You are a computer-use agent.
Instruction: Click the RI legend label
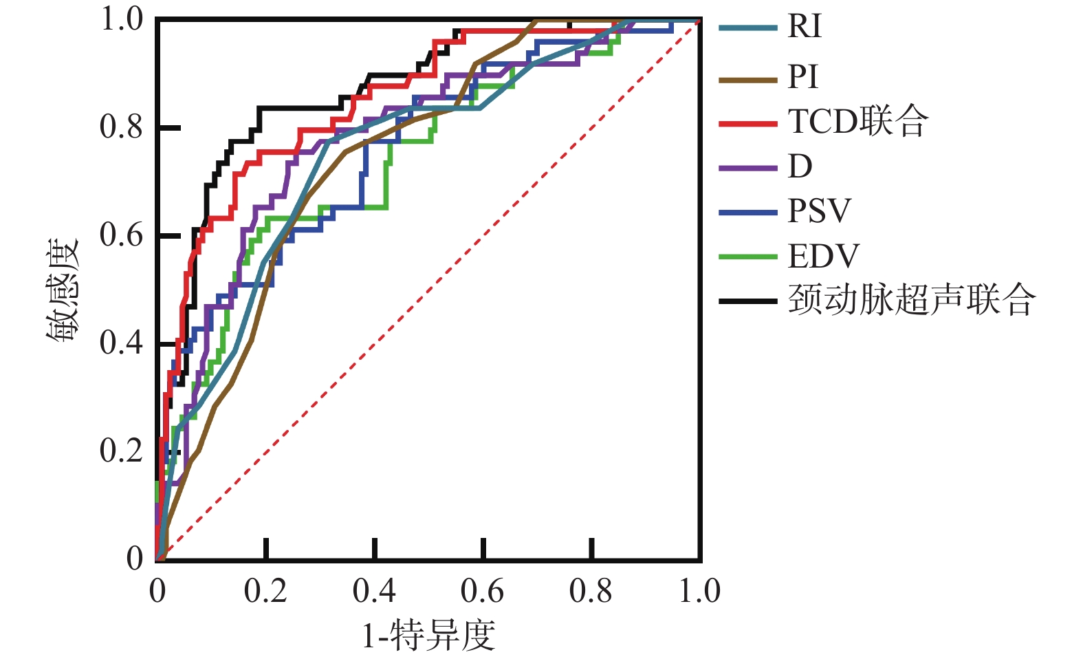coord(804,27)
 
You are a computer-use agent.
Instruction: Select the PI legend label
coord(802,77)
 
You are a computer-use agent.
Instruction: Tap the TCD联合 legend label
coord(857,122)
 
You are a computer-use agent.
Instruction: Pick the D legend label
coord(800,166)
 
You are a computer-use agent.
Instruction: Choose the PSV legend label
coord(819,211)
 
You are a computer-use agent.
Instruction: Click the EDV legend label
coord(823,257)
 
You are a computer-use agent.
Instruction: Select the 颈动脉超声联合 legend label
coord(911,301)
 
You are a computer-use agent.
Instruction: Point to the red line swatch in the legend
coord(748,125)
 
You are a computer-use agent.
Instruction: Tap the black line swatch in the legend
coord(748,301)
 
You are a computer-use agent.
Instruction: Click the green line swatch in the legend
coord(748,257)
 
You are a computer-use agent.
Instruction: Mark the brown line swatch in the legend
coord(748,80)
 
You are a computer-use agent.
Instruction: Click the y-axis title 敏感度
coord(63,290)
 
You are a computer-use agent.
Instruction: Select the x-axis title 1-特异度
coord(428,635)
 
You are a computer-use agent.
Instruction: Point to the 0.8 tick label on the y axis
coord(122,127)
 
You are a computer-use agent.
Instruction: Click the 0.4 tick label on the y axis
coord(122,343)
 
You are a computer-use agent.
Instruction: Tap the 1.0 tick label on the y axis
coord(122,19)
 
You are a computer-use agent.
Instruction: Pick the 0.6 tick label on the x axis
coord(482,592)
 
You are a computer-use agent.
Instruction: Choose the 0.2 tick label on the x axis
coord(265,592)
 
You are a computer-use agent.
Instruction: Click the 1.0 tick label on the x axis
coord(699,592)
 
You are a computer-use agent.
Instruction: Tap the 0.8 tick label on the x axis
coord(591,592)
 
